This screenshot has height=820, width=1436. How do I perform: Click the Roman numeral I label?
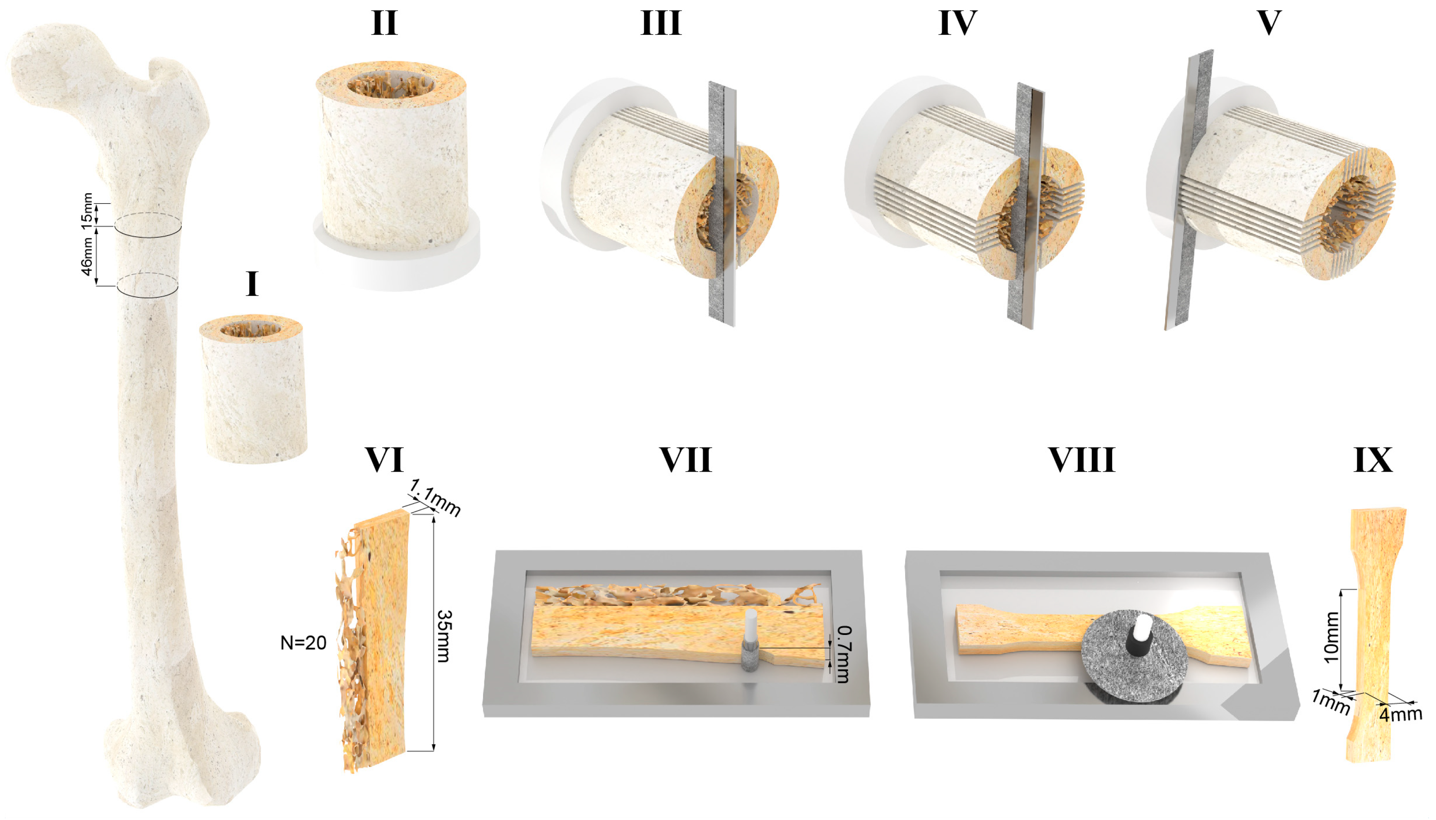[x=252, y=284]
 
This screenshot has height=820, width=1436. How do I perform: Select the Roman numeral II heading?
[x=384, y=23]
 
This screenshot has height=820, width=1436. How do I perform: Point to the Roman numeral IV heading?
[x=957, y=23]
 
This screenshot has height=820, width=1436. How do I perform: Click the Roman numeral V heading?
[x=1269, y=23]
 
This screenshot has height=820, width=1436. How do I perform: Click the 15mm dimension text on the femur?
[x=87, y=211]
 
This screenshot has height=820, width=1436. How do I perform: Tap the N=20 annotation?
[x=303, y=643]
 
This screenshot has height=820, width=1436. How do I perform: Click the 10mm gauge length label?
[x=1331, y=637]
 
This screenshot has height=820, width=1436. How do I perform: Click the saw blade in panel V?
[x=1183, y=192]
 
